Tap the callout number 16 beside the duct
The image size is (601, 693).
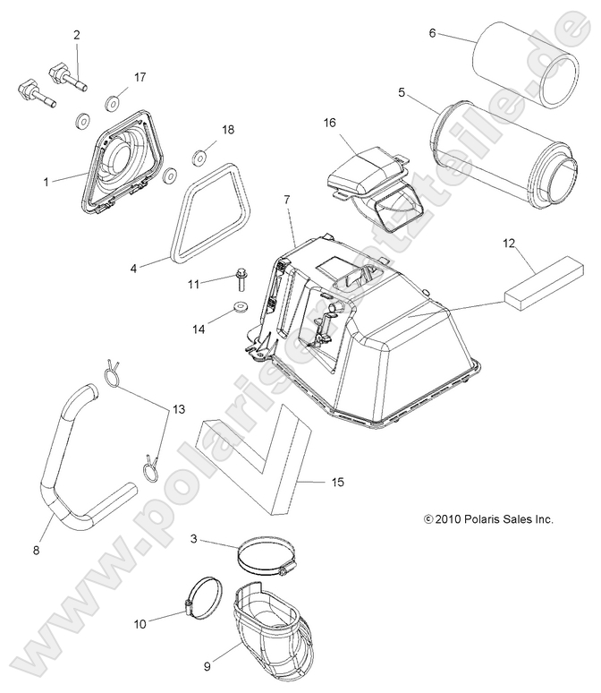pos(329,122)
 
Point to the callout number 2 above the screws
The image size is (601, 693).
pos(77,35)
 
